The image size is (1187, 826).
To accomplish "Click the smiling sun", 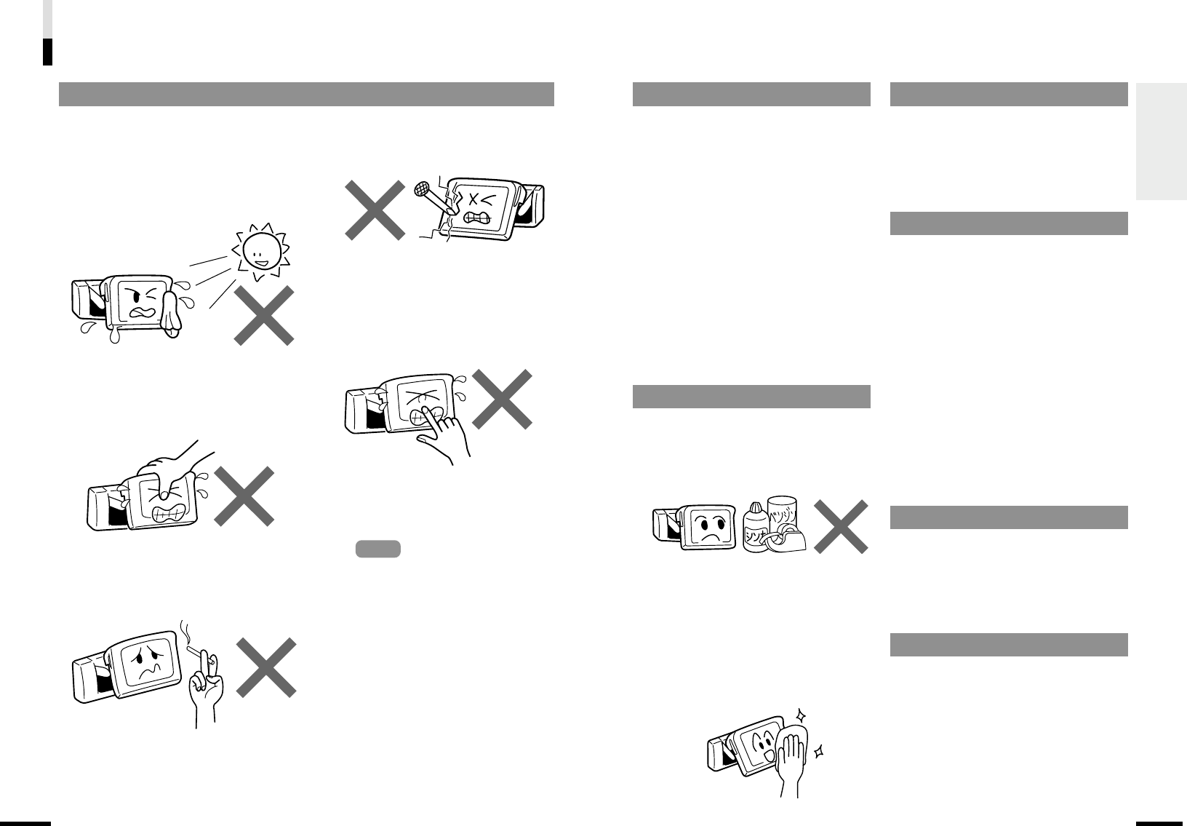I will pyautogui.click(x=259, y=250).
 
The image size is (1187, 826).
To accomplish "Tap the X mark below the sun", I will pyautogui.click(x=264, y=314).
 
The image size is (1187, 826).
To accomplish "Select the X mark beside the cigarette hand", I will pyautogui.click(x=266, y=667).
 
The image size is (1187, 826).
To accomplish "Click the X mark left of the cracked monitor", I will pyautogui.click(x=375, y=210).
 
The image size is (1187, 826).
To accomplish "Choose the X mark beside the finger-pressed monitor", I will pyautogui.click(x=503, y=399).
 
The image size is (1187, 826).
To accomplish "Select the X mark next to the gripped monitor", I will pyautogui.click(x=244, y=496).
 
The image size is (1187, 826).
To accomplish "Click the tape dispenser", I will pyautogui.click(x=791, y=541).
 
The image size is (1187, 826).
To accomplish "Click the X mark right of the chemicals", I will pyautogui.click(x=840, y=526).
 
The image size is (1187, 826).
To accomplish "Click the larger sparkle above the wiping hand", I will pyautogui.click(x=802, y=716).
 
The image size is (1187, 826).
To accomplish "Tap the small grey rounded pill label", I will pyautogui.click(x=377, y=549).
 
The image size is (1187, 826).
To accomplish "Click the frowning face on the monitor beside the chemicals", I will pyautogui.click(x=703, y=525).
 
